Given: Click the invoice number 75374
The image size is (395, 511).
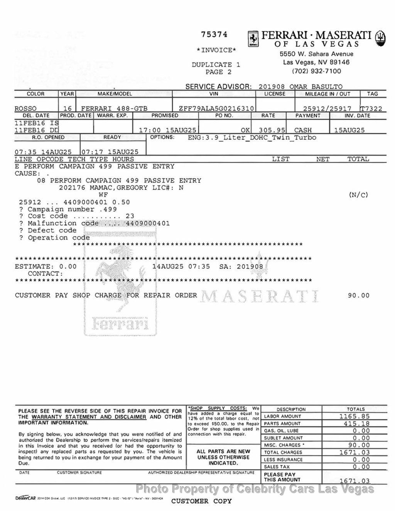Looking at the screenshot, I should pos(214,35).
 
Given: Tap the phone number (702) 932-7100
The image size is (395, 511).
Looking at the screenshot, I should pos(316,71).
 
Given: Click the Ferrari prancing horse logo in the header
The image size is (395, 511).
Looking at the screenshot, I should pos(253,39).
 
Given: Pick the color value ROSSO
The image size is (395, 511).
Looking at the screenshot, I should pos(25,109).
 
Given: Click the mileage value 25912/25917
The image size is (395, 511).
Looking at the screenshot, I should pos(327,109).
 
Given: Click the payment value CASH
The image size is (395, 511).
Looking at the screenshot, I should pos(303,130).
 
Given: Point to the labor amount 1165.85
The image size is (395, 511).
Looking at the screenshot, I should pos(354,417).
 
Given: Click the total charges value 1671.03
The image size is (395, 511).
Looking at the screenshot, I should pos(354,452).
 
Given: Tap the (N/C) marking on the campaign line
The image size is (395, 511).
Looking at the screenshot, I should pos(358,195).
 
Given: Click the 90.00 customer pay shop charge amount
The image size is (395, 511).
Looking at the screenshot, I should pos(358,296).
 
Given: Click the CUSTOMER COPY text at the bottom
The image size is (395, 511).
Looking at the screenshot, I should pos(201,501).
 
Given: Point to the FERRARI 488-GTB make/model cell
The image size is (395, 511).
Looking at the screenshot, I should pos(114,109).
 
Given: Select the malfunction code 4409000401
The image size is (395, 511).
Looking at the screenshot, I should pos(148,223).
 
